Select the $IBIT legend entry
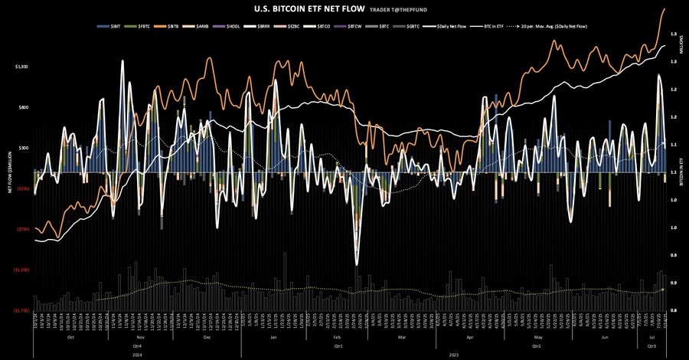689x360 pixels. coord(112,26)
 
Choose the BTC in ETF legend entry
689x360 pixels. coord(495,26)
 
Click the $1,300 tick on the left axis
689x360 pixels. coord(21,67)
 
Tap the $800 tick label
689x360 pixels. coord(22,107)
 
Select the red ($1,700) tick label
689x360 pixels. coord(21,311)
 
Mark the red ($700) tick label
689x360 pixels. coord(21,229)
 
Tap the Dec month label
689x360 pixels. coord(207,337)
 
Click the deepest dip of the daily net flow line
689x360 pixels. coord(357,264)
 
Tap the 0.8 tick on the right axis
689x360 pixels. coord(672,310)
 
